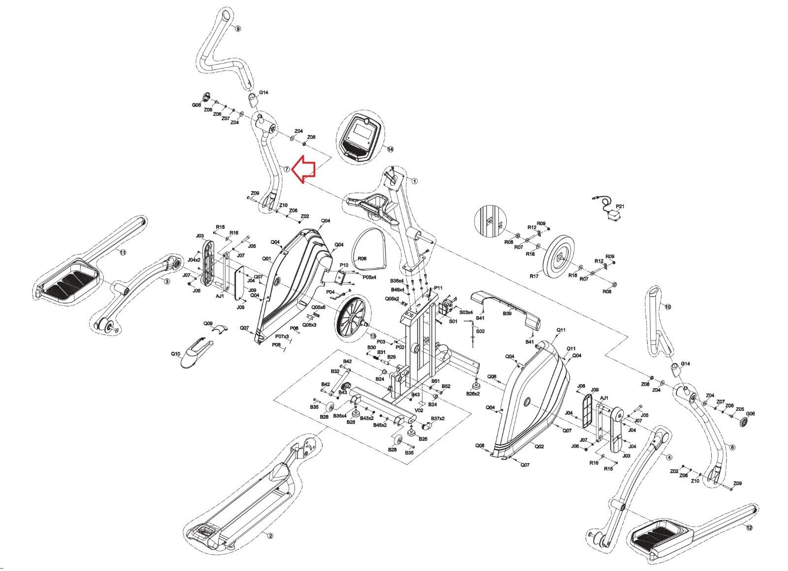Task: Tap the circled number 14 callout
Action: click(x=391, y=149)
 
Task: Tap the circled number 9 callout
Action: click(x=238, y=29)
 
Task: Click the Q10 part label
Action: click(x=176, y=354)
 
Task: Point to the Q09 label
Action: click(x=208, y=324)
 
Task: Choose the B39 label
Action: click(x=507, y=313)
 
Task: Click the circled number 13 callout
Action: click(x=373, y=336)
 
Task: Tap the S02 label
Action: click(x=480, y=331)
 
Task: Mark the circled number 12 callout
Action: click(x=749, y=528)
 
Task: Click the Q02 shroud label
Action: click(x=539, y=446)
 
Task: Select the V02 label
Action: click(x=419, y=409)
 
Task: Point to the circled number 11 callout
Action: click(x=123, y=252)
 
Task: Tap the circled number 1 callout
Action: click(x=414, y=181)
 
